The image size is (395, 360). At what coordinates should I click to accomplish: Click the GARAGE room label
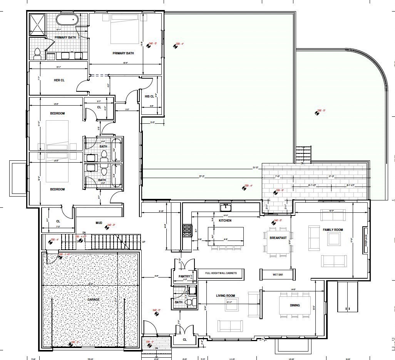click(93, 299)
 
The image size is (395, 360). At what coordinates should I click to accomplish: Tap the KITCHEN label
click(225, 220)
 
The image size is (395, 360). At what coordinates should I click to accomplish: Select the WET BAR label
click(278, 275)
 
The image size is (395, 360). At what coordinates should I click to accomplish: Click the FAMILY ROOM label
click(333, 230)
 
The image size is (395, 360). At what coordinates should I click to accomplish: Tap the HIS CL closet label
click(149, 96)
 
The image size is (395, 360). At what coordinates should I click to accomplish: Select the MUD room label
click(99, 223)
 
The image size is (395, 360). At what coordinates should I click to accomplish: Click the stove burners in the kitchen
click(187, 230)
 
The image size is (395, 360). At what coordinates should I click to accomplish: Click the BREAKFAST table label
click(278, 238)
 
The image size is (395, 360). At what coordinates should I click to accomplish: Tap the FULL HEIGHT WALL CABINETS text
click(221, 273)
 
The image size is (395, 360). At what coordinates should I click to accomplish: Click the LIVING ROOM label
click(225, 296)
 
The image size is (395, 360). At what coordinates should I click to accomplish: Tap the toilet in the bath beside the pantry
click(189, 303)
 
